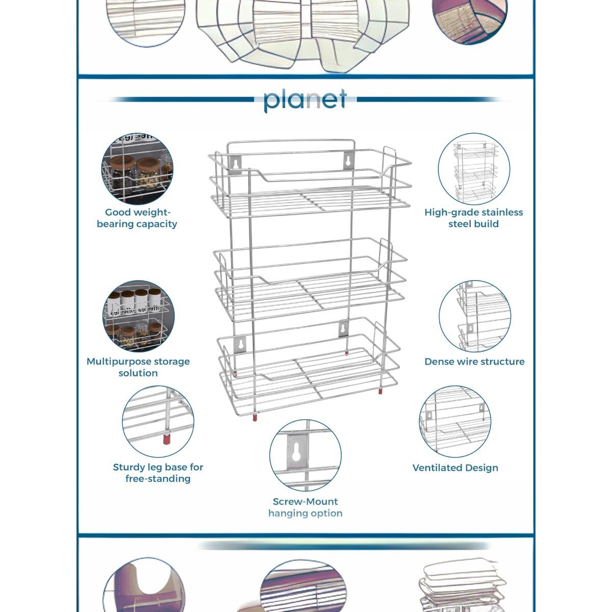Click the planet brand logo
[x=305, y=100]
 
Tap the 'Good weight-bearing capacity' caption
[x=137, y=218]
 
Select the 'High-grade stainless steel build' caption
[x=474, y=218]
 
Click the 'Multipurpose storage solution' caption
[x=138, y=367]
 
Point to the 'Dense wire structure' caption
[x=474, y=362]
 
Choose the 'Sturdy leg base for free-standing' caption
[x=158, y=473]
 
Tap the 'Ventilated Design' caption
[x=455, y=468]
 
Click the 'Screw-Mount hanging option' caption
[x=305, y=507]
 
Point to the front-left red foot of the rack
[x=253, y=417]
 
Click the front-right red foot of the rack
[x=380, y=392]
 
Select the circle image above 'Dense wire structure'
[x=474, y=316]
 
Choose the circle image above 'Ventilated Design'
[x=455, y=421]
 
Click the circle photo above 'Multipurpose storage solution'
[x=138, y=316]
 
